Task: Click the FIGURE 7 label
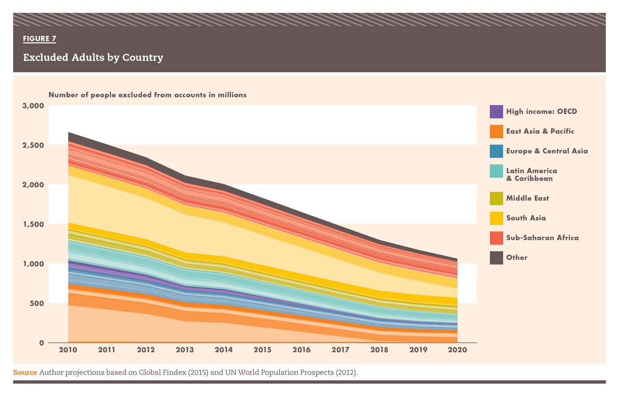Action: pyautogui.click(x=40, y=39)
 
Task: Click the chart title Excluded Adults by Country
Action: pyautogui.click(x=93, y=57)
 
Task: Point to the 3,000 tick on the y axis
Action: pyautogui.click(x=33, y=105)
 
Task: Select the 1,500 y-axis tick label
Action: pyautogui.click(x=33, y=224)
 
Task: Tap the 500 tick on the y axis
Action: pyautogui.click(x=37, y=303)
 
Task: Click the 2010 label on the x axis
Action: pyautogui.click(x=68, y=350)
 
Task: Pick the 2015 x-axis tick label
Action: pyautogui.click(x=262, y=350)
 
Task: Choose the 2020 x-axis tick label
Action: pyautogui.click(x=457, y=350)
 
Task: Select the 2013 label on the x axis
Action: pyautogui.click(x=185, y=350)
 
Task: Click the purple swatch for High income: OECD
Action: pyautogui.click(x=496, y=112)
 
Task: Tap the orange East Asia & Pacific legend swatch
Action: pyautogui.click(x=496, y=131)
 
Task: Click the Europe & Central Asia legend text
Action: pyautogui.click(x=547, y=151)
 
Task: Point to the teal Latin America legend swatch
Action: pyautogui.click(x=496, y=171)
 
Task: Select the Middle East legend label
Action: pyautogui.click(x=527, y=198)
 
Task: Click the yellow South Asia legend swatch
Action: pyautogui.click(x=496, y=218)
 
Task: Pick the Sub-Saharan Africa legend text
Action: pyautogui.click(x=542, y=238)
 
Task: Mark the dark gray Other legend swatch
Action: pyautogui.click(x=496, y=258)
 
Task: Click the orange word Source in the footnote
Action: pyautogui.click(x=25, y=373)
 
